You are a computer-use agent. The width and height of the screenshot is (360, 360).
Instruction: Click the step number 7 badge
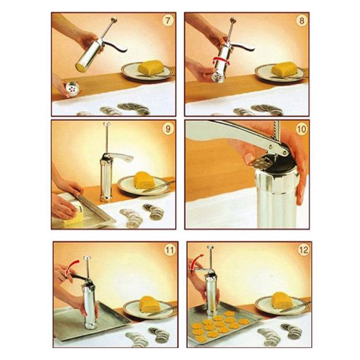168,21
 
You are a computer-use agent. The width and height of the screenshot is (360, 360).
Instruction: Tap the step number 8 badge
301,21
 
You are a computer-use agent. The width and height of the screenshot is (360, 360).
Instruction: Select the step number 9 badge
168,129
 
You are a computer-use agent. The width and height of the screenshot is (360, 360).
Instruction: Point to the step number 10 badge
301,129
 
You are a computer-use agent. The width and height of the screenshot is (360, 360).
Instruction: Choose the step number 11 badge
170,250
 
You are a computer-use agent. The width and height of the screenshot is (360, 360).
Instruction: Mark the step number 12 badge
303,250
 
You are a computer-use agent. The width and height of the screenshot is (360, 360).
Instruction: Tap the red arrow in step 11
71,266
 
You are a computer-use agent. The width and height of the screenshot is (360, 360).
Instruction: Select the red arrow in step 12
195,261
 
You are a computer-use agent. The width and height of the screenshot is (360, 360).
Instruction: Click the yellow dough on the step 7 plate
151,67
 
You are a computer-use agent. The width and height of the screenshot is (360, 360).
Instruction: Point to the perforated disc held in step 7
72,89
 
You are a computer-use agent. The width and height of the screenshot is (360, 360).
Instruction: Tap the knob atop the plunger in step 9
107,124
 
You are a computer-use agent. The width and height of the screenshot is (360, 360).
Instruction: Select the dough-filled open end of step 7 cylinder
81,67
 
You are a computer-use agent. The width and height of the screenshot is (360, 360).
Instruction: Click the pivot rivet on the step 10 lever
271,147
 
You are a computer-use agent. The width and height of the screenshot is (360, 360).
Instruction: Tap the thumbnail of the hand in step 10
248,158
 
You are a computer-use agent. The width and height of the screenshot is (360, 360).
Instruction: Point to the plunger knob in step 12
210,247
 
